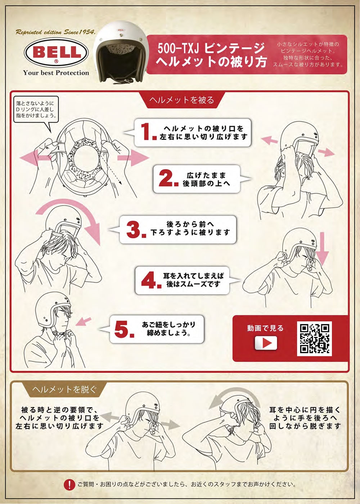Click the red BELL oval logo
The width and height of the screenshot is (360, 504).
click(56, 52)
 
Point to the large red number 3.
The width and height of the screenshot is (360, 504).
click(136, 230)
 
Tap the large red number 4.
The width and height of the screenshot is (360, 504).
click(151, 280)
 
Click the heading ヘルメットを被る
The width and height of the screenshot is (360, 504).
click(182, 100)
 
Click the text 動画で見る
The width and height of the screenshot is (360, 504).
click(266, 328)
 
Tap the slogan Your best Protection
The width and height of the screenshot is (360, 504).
click(56, 73)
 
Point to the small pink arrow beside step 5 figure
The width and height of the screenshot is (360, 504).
click(84, 321)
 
